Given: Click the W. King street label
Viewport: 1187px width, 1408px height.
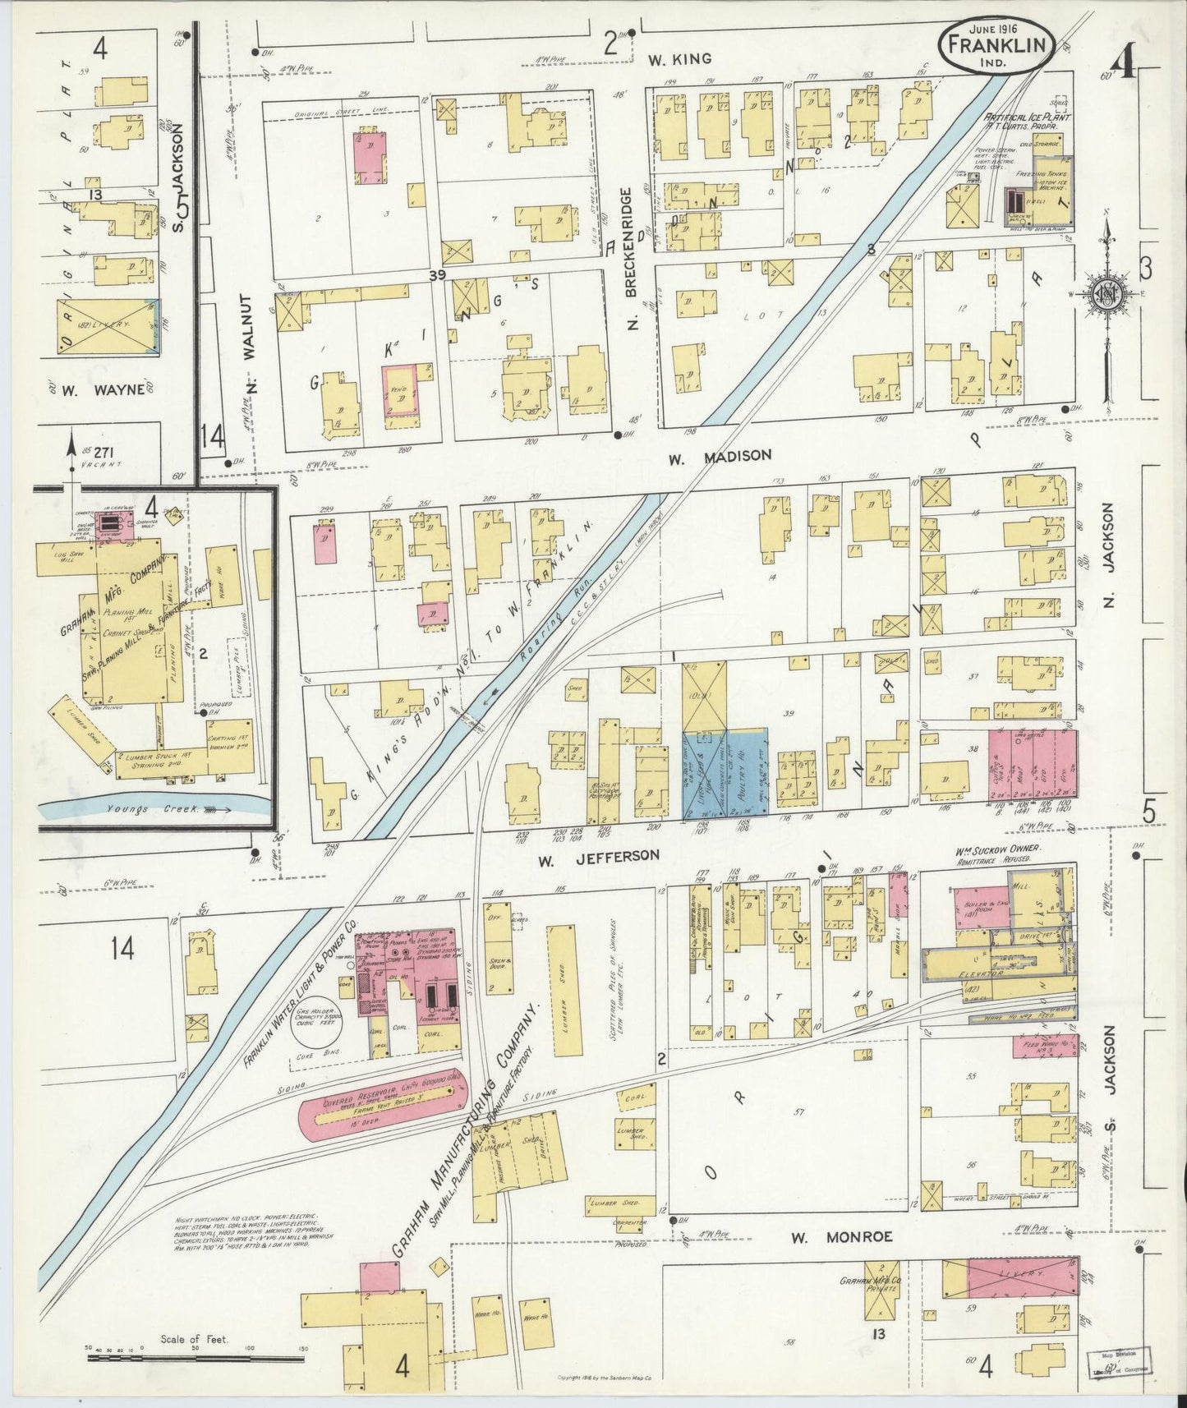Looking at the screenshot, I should (678, 59).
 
